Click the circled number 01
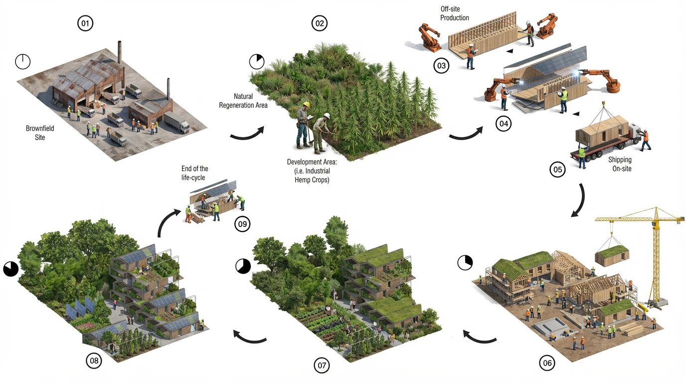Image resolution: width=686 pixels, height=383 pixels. [85, 23]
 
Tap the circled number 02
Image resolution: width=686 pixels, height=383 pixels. [319, 23]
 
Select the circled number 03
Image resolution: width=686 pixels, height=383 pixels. [441, 65]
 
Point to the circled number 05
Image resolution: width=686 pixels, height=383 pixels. [557, 170]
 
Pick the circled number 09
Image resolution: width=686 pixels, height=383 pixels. [242, 224]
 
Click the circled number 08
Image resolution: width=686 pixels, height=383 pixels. [94, 361]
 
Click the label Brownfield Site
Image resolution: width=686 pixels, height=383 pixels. [40, 133]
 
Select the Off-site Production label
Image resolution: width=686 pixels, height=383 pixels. [454, 13]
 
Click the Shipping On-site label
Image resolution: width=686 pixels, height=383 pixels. [620, 164]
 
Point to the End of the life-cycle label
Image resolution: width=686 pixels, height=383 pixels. [195, 173]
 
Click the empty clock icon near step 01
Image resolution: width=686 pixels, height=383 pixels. [23, 62]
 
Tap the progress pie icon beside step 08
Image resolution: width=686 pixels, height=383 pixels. [11, 269]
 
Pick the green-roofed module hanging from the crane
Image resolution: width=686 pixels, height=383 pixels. [612, 257]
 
